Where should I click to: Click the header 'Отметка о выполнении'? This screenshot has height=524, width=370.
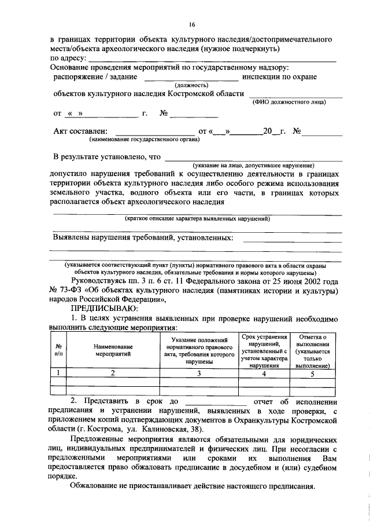pos(312,351)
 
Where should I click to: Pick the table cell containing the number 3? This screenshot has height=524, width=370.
pos(197,373)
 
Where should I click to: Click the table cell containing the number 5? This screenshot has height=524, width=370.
pos(312,373)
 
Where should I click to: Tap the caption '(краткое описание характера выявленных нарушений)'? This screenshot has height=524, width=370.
pos(197,218)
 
